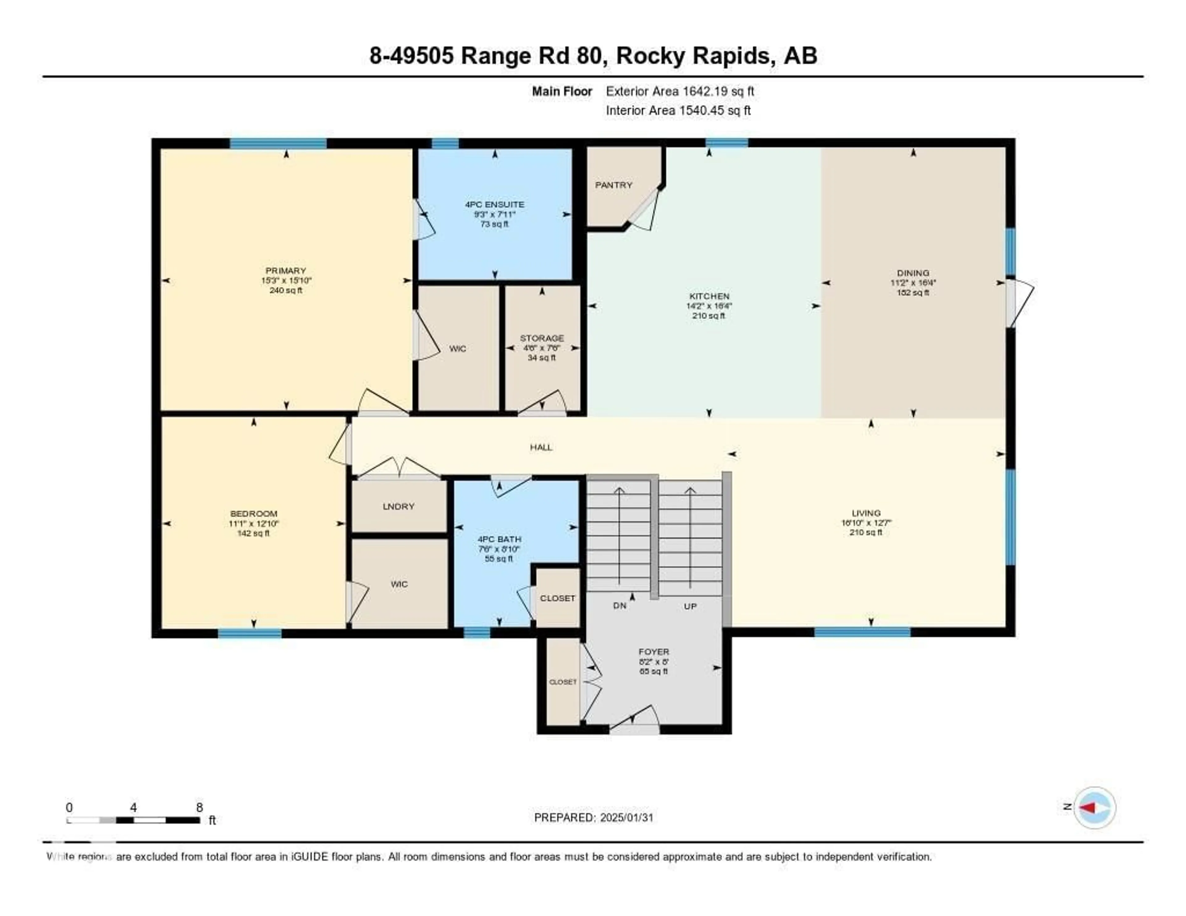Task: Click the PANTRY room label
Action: pos(613,185)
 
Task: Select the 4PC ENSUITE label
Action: pos(494,205)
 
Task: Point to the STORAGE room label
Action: pos(541,338)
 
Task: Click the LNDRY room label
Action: pos(399,506)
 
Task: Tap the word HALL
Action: pos(541,447)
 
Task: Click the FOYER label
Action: pos(654,652)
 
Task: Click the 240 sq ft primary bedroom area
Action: pos(286,291)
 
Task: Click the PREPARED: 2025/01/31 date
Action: pos(594,818)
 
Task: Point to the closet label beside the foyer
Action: pos(563,682)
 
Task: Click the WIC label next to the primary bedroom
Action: pos(458,349)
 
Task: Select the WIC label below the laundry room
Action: pos(399,584)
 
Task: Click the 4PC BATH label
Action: pos(499,539)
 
